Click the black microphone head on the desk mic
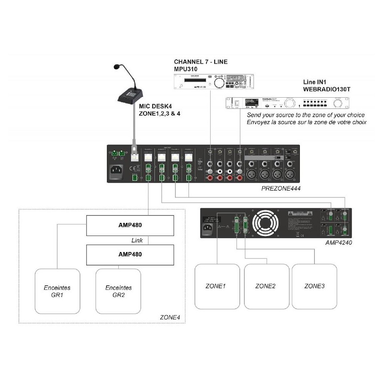[x=117, y=67]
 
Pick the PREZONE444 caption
[x=281, y=188]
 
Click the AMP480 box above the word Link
[x=130, y=225]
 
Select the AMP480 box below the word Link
[x=130, y=254]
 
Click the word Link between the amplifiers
[x=137, y=240]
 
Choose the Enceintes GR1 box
[x=57, y=291]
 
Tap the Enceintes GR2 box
[x=118, y=291]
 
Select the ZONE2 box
[x=266, y=286]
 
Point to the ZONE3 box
[x=315, y=286]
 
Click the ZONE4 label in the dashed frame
[x=170, y=317]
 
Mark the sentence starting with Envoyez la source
[x=307, y=122]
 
